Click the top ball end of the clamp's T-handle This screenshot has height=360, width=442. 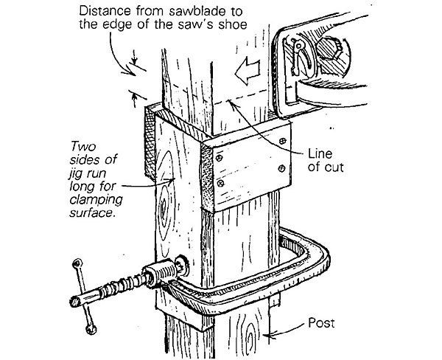[77, 263]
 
